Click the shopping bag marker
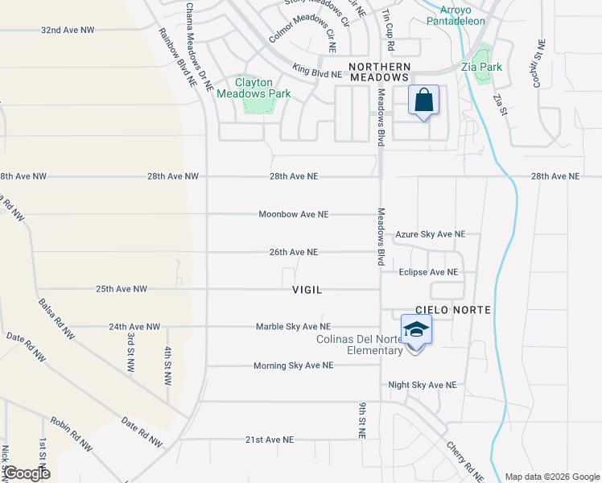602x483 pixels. coord(423,101)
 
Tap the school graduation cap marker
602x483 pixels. coord(415,330)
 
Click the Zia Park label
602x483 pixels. coord(481,67)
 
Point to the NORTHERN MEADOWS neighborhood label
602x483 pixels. coord(379,71)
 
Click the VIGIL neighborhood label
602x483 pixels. coord(308,289)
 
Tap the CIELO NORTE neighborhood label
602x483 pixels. coord(452,310)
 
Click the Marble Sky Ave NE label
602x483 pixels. coord(293,327)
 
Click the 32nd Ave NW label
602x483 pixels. coord(68,30)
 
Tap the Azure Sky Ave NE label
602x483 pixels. coord(430,234)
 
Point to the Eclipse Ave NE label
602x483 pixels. coord(428,272)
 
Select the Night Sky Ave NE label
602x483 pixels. coord(422,386)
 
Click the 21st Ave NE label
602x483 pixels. coord(270,440)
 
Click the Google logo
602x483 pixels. coord(26,473)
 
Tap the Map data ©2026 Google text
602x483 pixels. coord(551,477)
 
